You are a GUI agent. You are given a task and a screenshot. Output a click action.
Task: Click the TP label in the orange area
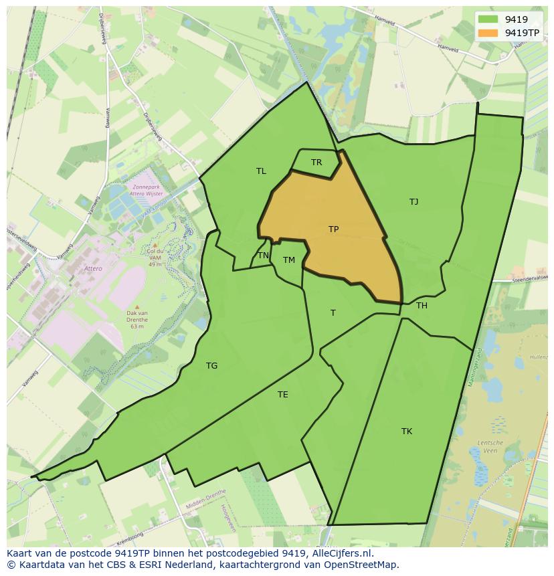[333, 229]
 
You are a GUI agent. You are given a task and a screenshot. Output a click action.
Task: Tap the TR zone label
[316, 163]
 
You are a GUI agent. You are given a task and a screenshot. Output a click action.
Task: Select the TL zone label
[261, 171]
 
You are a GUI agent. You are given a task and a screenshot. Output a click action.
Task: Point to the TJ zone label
[413, 202]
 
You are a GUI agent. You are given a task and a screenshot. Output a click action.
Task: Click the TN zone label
[264, 256]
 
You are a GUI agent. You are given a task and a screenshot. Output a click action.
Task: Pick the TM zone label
[288, 260]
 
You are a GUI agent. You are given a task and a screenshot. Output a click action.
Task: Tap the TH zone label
[422, 306]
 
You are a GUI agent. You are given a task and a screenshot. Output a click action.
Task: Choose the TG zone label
[211, 366]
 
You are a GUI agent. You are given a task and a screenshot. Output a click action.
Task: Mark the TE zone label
[283, 395]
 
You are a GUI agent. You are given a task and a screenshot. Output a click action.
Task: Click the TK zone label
[407, 431]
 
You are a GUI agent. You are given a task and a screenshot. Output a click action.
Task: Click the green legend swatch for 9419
[488, 19]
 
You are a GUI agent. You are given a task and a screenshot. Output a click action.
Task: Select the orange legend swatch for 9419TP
[488, 32]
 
